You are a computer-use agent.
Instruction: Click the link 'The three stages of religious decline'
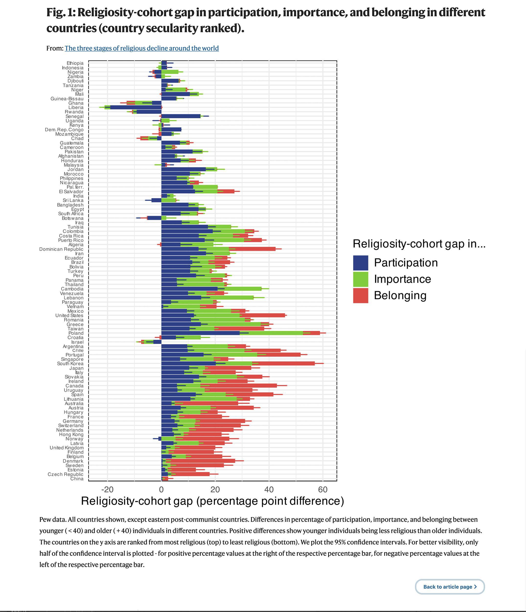pos(142,48)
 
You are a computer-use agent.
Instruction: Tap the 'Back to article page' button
pos(450,587)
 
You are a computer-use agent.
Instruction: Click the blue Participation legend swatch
pos(360,263)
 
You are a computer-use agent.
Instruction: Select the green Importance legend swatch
pos(360,279)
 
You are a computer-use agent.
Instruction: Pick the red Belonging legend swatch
pos(360,295)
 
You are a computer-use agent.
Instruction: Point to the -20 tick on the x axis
pos(107,489)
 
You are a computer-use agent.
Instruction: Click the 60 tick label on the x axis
pos(323,489)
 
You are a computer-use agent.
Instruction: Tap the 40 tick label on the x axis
pos(269,489)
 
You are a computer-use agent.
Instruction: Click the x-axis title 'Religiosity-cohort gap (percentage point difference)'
pos(213,501)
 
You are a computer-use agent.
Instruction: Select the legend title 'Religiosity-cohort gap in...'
pos(419,244)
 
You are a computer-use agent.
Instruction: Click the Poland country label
pos(76,333)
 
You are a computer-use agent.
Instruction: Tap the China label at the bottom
pos(77,479)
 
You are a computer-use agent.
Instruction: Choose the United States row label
pos(69,316)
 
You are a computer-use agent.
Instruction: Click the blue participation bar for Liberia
pos(136,107)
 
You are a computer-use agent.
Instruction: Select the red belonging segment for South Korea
pos(283,364)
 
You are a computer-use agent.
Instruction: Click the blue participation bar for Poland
pos(201,333)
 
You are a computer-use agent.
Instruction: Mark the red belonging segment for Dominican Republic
pos(252,249)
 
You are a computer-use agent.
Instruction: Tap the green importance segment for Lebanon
pos(227,298)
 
